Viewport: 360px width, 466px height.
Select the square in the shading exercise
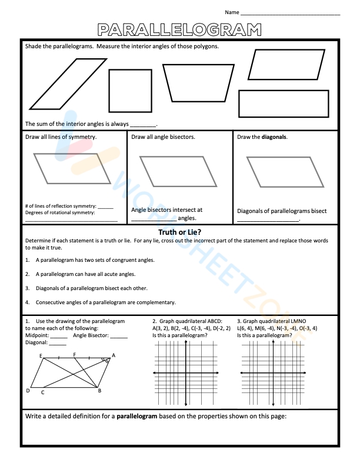130,91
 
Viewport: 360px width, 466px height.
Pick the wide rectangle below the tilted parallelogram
284,104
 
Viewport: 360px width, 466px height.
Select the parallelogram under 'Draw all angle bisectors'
179,171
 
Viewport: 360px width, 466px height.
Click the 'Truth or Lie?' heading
180,232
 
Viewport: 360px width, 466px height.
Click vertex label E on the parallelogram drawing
41,356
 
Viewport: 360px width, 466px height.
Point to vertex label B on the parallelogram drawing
99,391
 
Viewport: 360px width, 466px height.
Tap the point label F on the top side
74,354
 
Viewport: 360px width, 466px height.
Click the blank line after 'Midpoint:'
58,336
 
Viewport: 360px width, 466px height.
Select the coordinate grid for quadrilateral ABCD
186,373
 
